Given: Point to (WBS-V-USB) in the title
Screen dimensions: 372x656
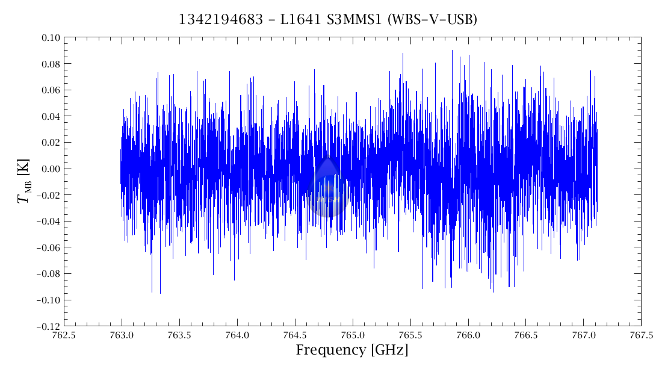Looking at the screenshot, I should click(x=432, y=20).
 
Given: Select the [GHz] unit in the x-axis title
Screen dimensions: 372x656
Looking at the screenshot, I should click(x=388, y=350).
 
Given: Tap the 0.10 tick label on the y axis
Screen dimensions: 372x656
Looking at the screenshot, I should click(x=51, y=38).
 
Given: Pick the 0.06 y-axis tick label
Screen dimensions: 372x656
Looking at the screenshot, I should click(x=51, y=90).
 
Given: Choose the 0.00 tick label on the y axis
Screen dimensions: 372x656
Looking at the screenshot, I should click(x=51, y=169).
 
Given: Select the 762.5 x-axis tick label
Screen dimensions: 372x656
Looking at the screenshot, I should click(x=64, y=335).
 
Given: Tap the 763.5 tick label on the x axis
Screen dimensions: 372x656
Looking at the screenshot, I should click(x=179, y=335).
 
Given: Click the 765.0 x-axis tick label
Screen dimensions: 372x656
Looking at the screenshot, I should click(x=353, y=335).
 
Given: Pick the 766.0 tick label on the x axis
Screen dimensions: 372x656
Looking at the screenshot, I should click(x=468, y=335).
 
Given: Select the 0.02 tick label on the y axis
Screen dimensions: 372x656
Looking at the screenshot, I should click(x=51, y=143).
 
